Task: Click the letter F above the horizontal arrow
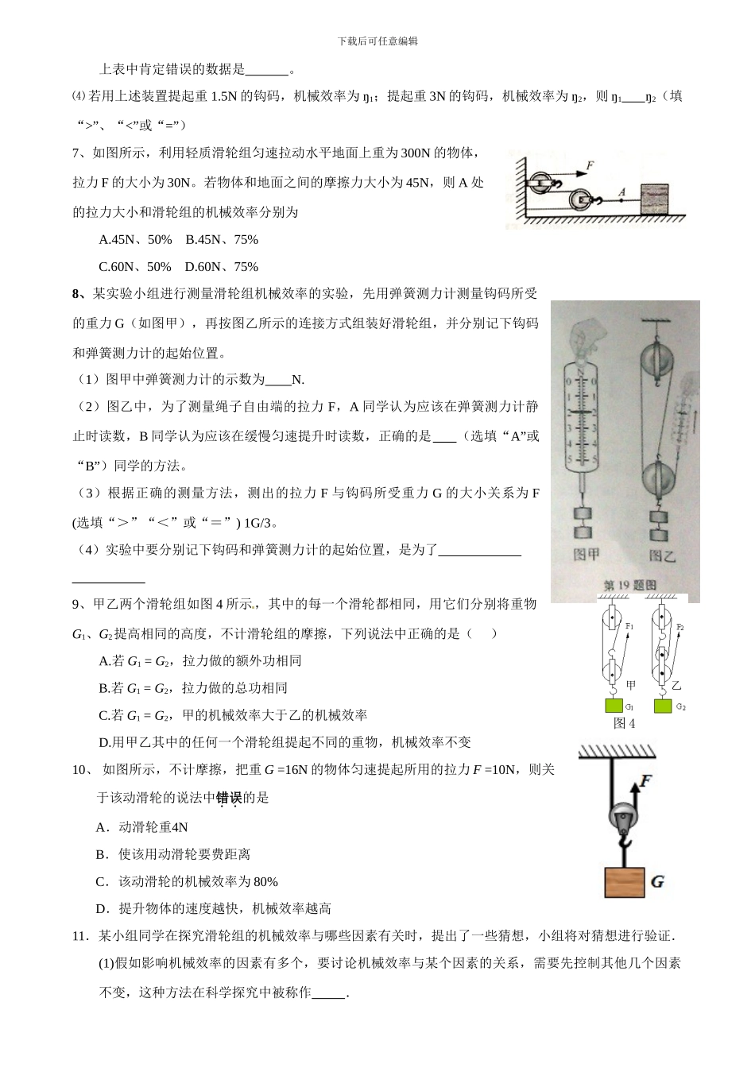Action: [590, 166]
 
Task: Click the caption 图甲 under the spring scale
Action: [587, 554]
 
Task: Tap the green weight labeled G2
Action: [662, 705]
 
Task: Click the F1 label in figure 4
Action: [629, 627]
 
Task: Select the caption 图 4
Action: [624, 723]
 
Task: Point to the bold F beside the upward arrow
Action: [645, 780]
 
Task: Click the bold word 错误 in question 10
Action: [229, 797]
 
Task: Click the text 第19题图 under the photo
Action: [630, 586]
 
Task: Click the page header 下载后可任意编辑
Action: [377, 41]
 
